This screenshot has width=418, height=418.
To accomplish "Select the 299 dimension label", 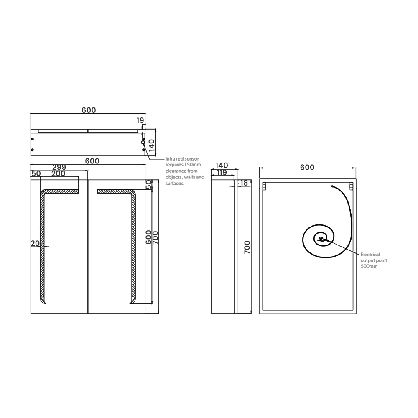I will click(x=59, y=167).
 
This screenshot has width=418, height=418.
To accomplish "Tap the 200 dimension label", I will click(x=59, y=173).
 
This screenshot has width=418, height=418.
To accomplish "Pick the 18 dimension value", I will click(x=245, y=183).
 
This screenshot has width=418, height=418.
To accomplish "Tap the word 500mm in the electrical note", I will click(x=369, y=266).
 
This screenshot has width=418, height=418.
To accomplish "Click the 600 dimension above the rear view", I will click(x=307, y=167).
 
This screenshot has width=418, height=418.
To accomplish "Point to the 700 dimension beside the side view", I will click(x=247, y=248).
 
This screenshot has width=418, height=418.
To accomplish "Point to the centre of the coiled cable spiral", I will click(x=321, y=239).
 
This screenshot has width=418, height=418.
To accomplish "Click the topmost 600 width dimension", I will click(x=89, y=110).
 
